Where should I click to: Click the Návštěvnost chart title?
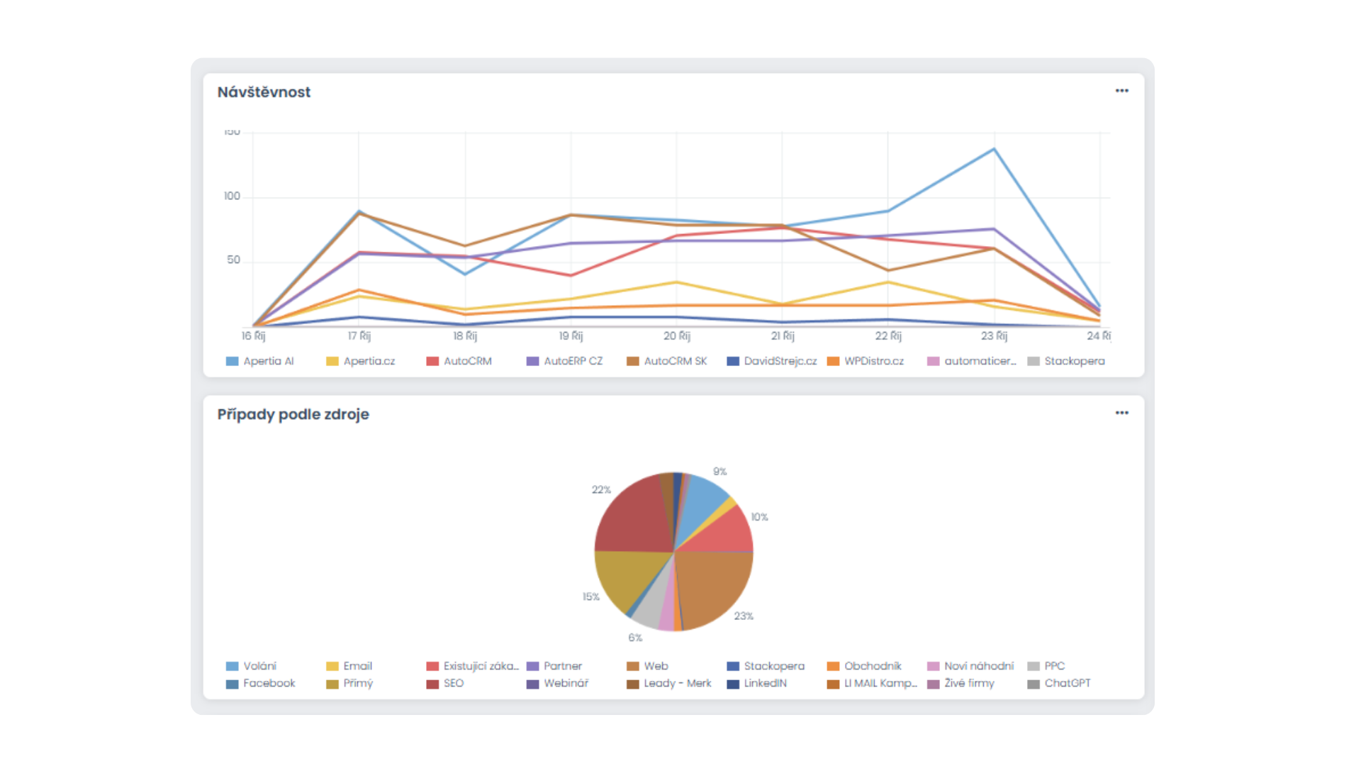tap(264, 92)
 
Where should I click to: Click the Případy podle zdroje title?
tap(293, 414)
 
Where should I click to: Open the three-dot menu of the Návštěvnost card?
tap(1121, 91)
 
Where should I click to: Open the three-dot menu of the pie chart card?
tap(1121, 413)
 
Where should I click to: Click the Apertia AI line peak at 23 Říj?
tap(994, 149)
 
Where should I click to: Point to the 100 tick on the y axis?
tap(232, 196)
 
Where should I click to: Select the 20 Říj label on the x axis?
tap(676, 336)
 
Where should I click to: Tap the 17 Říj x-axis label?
tap(359, 336)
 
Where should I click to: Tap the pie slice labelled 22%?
tap(634, 518)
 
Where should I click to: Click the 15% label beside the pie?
tap(590, 597)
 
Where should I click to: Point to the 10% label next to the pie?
tap(759, 517)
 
